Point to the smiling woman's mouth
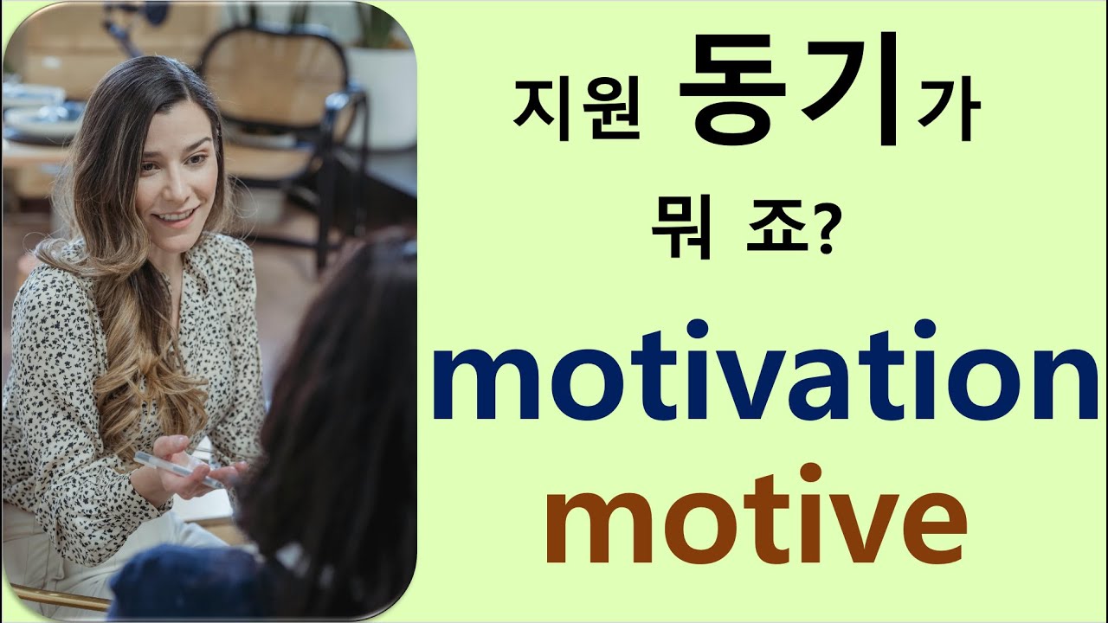click(x=177, y=215)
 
